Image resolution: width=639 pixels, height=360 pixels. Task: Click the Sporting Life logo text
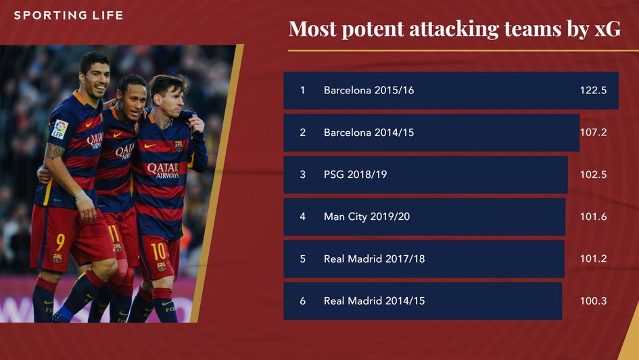[x=68, y=15]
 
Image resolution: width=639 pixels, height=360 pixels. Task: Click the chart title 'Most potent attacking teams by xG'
[x=454, y=29]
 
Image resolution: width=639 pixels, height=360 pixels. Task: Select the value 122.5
[x=593, y=91]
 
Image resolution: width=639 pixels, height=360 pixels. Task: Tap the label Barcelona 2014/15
[x=369, y=133]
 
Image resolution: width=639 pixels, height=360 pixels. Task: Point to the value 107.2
[x=593, y=133]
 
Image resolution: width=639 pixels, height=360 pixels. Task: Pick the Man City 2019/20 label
[x=366, y=217]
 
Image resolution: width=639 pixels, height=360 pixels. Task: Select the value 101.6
[x=593, y=217]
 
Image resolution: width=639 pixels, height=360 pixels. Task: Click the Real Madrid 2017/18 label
[x=374, y=258]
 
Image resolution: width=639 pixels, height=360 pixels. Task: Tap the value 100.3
[x=593, y=300]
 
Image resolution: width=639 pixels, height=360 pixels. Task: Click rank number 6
[x=302, y=300]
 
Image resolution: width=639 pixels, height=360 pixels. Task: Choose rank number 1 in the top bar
[x=302, y=91]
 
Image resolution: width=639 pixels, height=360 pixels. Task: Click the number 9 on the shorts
[x=60, y=241]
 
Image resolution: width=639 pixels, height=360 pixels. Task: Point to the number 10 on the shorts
[x=158, y=252]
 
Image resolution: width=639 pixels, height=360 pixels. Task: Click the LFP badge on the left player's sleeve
[x=60, y=129]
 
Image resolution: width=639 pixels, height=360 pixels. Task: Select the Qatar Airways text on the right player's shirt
[x=163, y=170]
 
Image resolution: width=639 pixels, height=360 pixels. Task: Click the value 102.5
[x=593, y=175]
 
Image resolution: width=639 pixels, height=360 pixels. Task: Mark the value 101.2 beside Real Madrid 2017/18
[x=593, y=258]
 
